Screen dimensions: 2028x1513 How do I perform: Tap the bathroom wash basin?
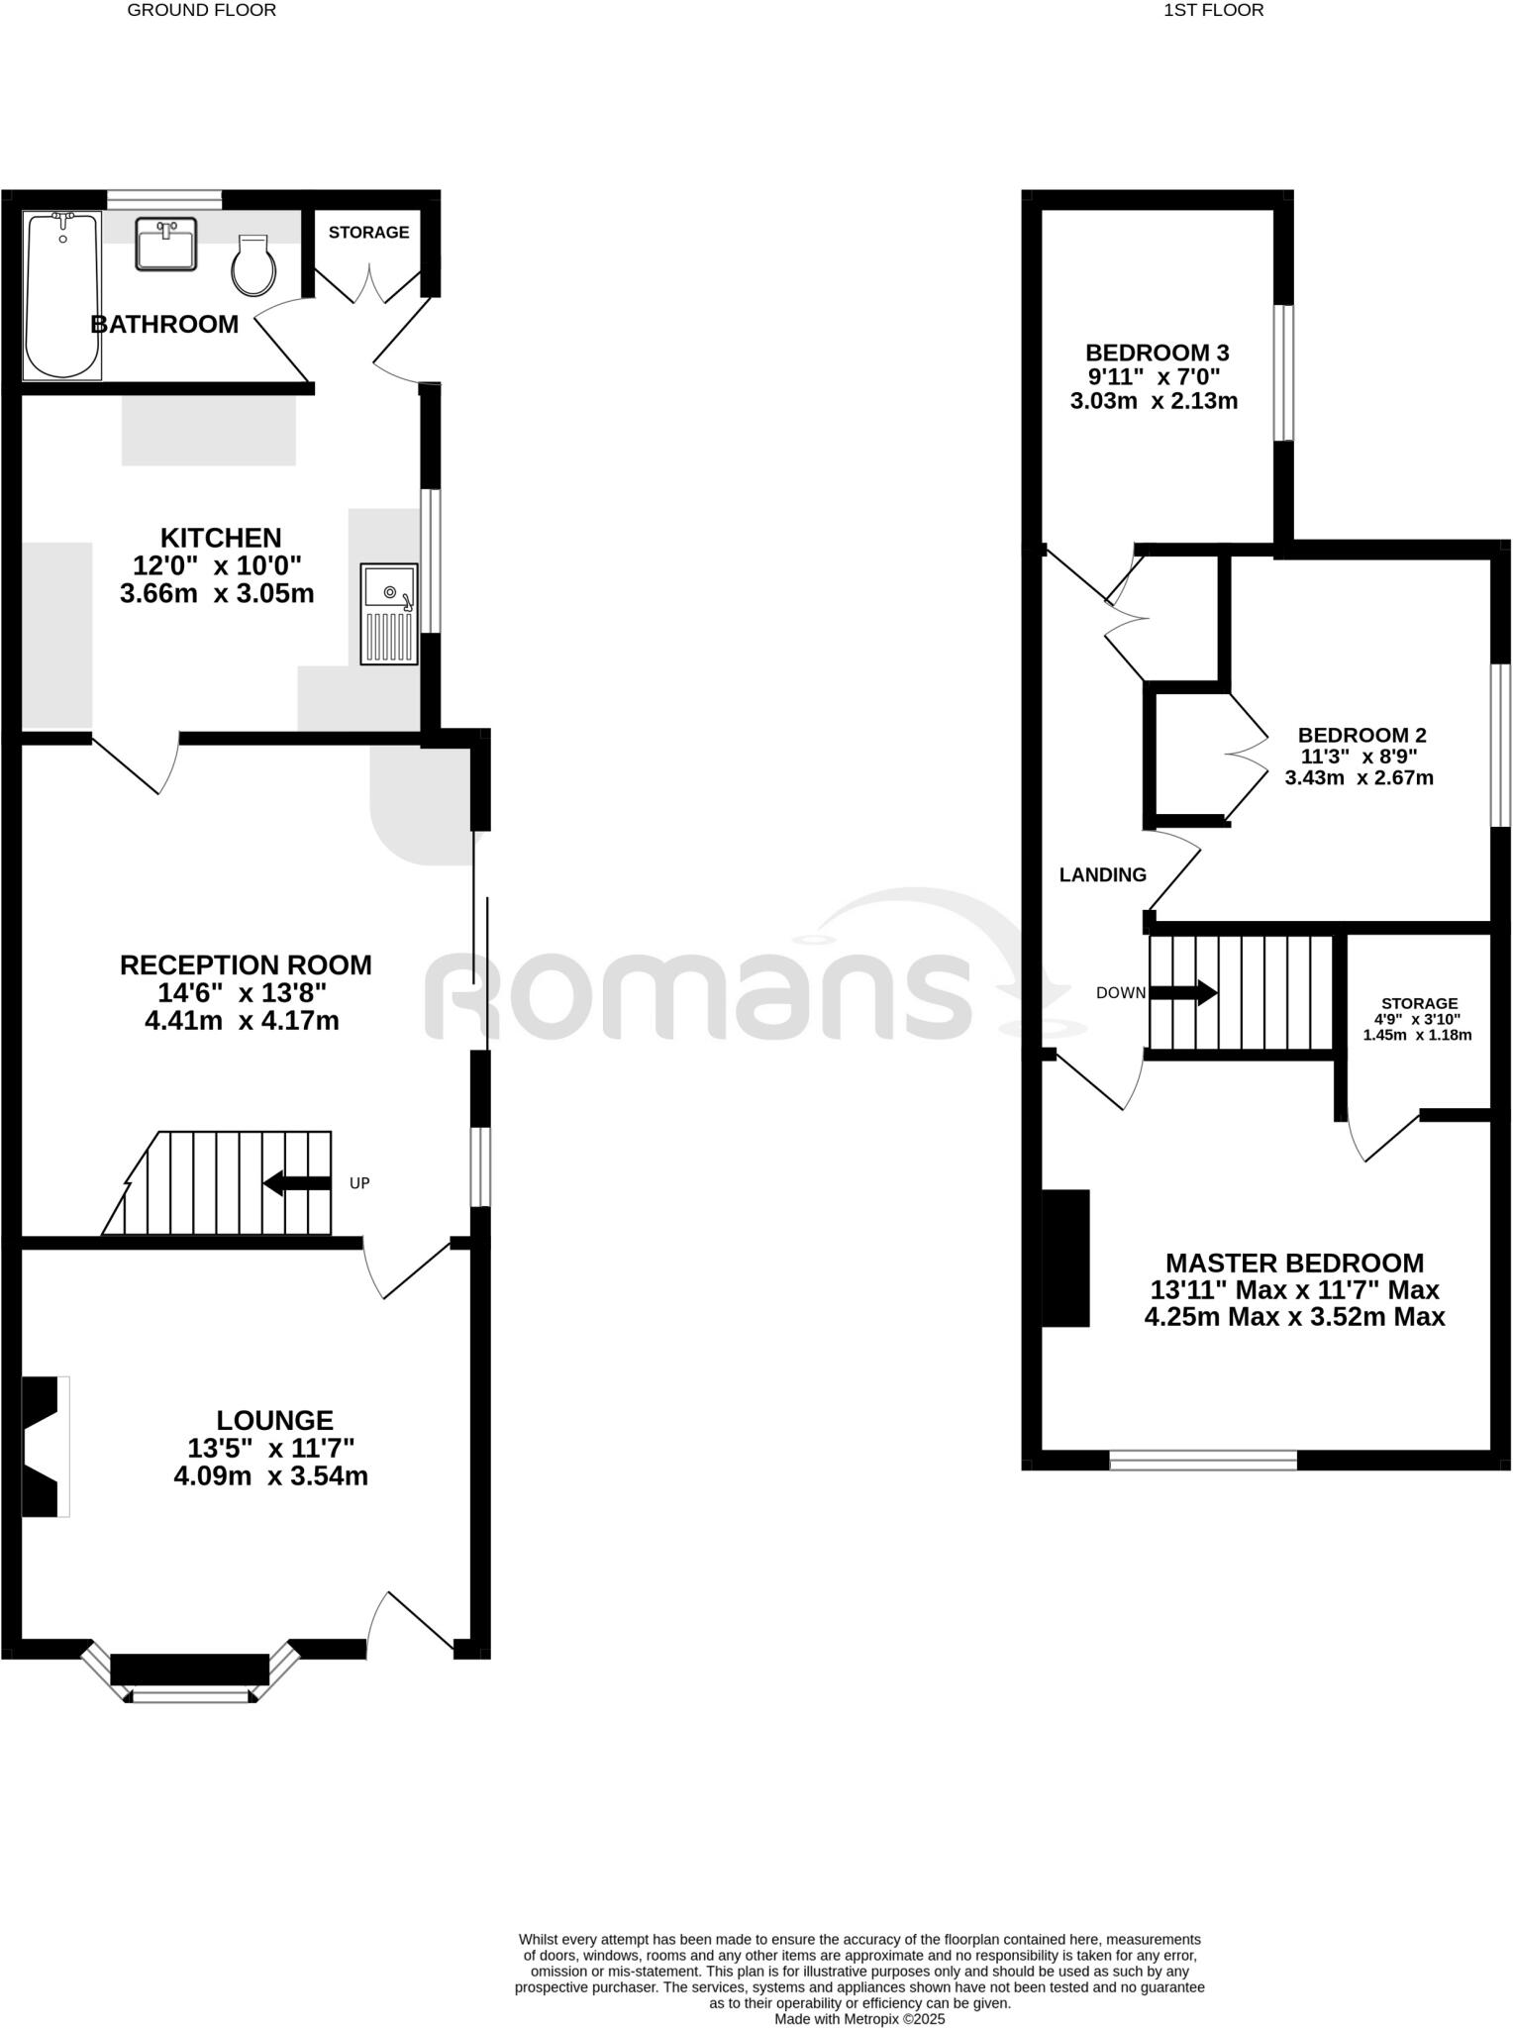pyautogui.click(x=166, y=244)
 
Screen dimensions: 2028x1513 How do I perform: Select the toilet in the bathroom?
pyautogui.click(x=252, y=264)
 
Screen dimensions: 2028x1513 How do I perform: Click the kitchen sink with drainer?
pyautogui.click(x=389, y=613)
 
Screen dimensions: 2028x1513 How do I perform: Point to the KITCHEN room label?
pyautogui.click(x=221, y=538)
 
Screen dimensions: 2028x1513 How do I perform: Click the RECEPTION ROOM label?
pyautogui.click(x=246, y=964)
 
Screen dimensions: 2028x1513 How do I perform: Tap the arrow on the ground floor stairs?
pyautogui.click(x=296, y=1182)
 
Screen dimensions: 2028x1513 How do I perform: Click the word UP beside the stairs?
pyautogui.click(x=359, y=1183)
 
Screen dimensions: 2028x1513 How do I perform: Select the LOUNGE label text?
pyautogui.click(x=275, y=1420)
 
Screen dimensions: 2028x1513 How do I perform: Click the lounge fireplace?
pyautogui.click(x=44, y=1446)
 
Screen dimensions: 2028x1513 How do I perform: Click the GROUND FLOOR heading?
pyautogui.click(x=202, y=11)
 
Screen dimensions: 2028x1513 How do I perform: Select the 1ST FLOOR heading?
pyautogui.click(x=1213, y=11)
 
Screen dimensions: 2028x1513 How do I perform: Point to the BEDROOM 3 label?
pyautogui.click(x=1157, y=353)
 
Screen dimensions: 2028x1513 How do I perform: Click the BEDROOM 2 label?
pyautogui.click(x=1362, y=735)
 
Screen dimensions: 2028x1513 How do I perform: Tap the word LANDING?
pyautogui.click(x=1102, y=874)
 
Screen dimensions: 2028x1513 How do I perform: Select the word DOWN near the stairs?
pyautogui.click(x=1120, y=992)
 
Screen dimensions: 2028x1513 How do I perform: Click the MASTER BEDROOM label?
pyautogui.click(x=1294, y=1263)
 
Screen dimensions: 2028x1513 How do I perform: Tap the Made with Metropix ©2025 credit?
pyautogui.click(x=859, y=2018)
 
